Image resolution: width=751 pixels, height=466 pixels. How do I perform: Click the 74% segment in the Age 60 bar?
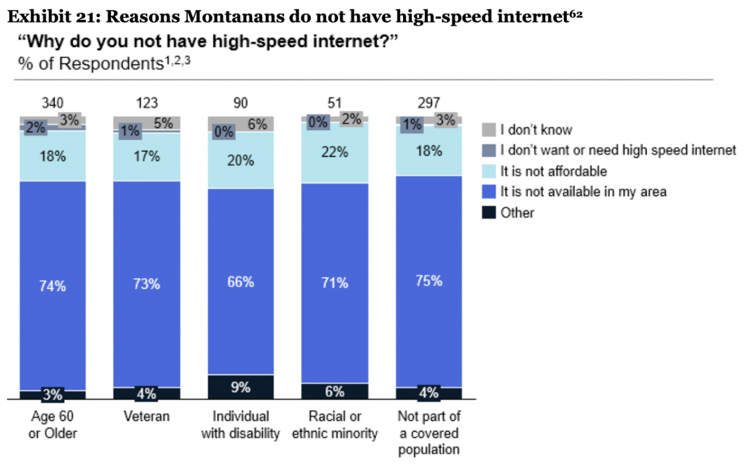pos(53,286)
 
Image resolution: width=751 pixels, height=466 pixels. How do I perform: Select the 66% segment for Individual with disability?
pos(241,282)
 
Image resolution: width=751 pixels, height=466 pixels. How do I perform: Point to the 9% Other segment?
pos(241,387)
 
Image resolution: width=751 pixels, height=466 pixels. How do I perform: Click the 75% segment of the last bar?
pos(429,281)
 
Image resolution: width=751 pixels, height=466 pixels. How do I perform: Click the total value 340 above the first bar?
pos(53,103)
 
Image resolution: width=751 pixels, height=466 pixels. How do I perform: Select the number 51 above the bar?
pos(335,103)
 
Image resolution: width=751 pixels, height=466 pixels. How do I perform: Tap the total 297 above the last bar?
pos(429,103)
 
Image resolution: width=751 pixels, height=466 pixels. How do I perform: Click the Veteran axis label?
pos(147,417)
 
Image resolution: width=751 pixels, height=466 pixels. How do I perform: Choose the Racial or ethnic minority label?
pos(335,425)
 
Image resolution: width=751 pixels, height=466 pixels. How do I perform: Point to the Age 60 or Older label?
pos(53,425)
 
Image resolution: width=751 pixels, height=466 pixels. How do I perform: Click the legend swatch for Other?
pos(488,213)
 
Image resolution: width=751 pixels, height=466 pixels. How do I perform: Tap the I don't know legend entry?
pos(536,130)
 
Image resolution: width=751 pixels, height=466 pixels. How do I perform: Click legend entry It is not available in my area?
pos(583,192)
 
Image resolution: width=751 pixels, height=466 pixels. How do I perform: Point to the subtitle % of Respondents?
pos(86,63)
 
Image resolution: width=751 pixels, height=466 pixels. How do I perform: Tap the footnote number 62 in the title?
pos(576,14)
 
